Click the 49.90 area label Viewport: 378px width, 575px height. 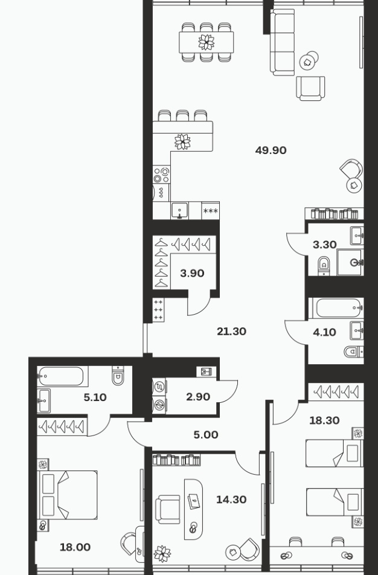tap(271, 150)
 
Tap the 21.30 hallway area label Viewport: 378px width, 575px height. tap(231, 332)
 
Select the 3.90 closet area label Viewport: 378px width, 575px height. tap(192, 273)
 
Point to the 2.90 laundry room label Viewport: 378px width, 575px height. tap(198, 397)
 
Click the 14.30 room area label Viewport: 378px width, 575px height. tap(231, 500)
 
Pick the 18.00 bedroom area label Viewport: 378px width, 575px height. tap(75, 547)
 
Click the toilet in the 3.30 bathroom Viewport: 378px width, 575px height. tap(324, 265)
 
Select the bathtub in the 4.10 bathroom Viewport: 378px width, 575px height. tap(338, 308)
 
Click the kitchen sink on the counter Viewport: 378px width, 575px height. tap(180, 211)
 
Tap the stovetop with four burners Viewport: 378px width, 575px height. tap(161, 175)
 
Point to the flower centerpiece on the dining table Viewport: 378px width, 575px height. tap(207, 42)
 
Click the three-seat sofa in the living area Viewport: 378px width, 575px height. tap(283, 42)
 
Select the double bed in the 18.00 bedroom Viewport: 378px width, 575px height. tap(68, 495)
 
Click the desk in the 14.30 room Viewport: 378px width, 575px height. tap(193, 509)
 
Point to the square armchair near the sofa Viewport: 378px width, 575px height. tap(310, 88)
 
